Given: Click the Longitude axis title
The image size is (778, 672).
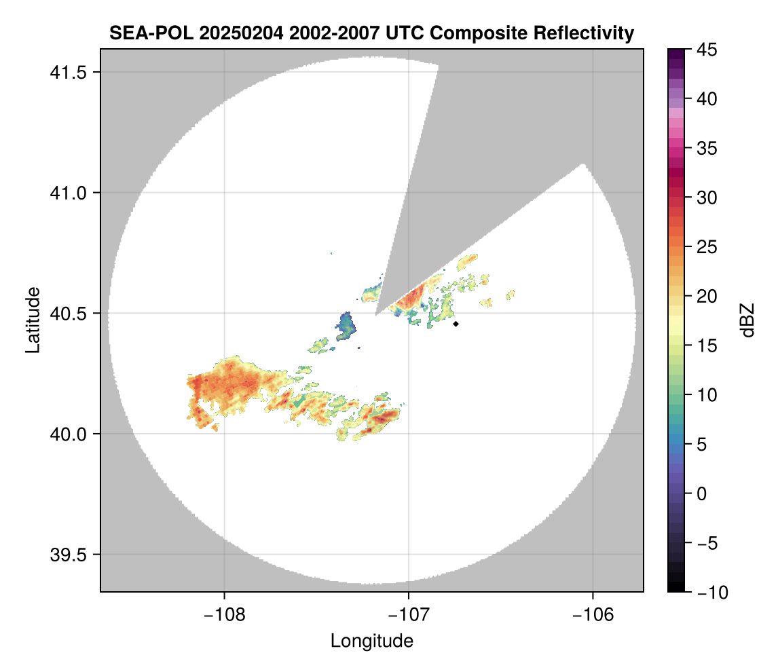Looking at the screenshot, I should (x=372, y=640).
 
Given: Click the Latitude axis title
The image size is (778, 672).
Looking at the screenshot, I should (x=32, y=320).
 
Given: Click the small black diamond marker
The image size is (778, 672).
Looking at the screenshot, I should (x=456, y=324).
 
